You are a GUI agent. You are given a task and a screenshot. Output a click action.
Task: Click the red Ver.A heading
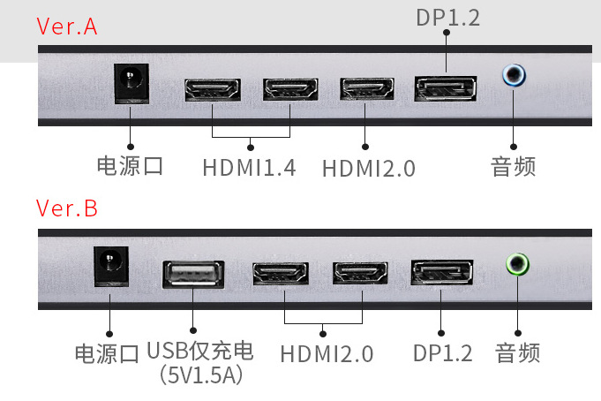click(x=66, y=26)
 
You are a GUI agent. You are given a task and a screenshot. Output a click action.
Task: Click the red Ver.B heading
click(x=66, y=208)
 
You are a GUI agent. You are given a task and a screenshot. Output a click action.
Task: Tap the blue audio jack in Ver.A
click(x=514, y=75)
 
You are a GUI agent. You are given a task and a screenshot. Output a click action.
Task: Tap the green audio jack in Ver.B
click(x=516, y=263)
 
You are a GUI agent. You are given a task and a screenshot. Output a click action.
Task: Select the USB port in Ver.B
click(x=193, y=275)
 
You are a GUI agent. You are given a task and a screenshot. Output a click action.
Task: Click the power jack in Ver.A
click(x=131, y=83)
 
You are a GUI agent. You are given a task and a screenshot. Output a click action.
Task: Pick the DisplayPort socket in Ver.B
click(x=442, y=273)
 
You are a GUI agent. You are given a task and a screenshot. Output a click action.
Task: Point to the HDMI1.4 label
click(x=249, y=167)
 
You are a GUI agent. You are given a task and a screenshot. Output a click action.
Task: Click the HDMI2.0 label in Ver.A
click(x=368, y=168)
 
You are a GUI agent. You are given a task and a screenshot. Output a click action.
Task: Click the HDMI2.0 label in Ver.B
click(x=327, y=354)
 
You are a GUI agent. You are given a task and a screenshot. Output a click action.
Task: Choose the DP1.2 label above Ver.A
click(x=447, y=17)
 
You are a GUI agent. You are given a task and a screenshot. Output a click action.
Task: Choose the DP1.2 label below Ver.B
click(x=443, y=353)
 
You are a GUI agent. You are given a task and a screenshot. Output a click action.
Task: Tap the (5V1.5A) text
click(x=200, y=375)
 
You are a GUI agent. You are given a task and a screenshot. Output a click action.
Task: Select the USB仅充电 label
click(x=200, y=352)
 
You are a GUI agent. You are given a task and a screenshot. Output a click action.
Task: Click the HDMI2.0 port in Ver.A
click(x=367, y=90)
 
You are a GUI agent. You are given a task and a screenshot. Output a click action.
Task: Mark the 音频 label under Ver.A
click(x=514, y=166)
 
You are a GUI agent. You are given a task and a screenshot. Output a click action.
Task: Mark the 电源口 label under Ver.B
click(x=107, y=354)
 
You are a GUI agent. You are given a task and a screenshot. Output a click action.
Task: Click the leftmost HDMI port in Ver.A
click(x=212, y=90)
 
